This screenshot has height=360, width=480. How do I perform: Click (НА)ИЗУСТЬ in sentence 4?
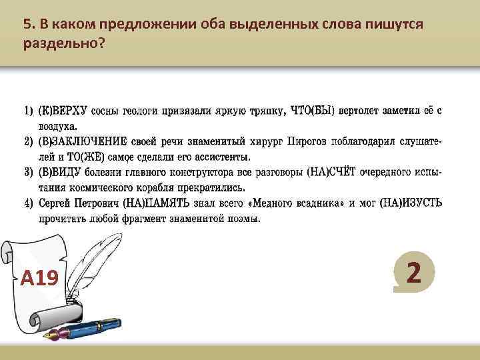click(x=410, y=203)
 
